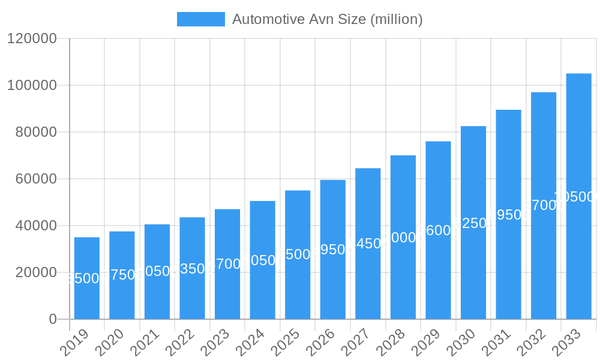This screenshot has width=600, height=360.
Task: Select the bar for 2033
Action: click(x=578, y=252)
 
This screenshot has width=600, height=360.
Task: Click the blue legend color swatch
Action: click(x=200, y=19)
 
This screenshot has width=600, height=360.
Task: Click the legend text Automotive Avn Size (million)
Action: click(x=327, y=19)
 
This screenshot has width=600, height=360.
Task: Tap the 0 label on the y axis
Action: click(x=53, y=319)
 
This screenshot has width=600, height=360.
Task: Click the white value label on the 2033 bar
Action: click(x=575, y=197)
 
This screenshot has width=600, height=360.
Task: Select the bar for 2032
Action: click(x=543, y=264)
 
